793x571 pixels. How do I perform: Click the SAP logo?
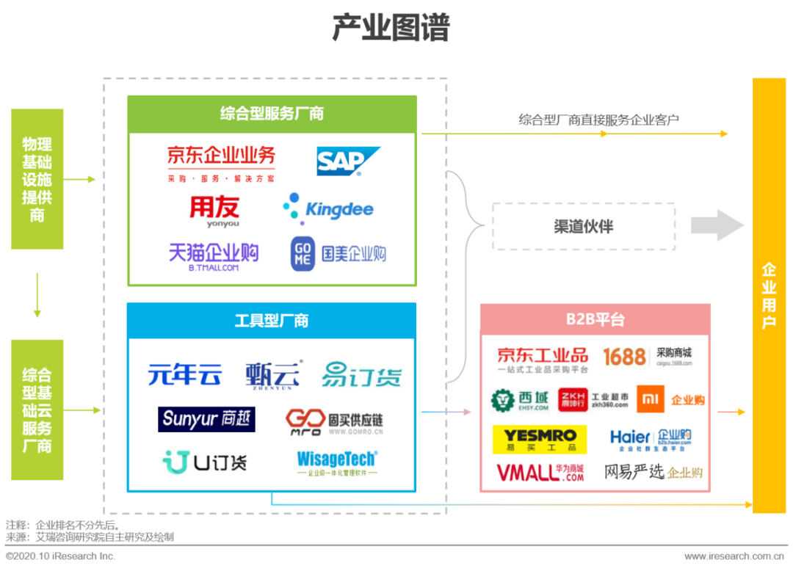coord(348,161)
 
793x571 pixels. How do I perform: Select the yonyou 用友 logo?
coord(214,211)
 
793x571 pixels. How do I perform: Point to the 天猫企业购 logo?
coord(214,255)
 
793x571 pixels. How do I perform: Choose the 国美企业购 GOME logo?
coord(338,254)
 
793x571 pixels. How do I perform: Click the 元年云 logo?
coord(184,375)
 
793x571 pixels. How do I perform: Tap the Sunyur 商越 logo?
coord(206,419)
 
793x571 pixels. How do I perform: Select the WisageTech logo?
coord(337,462)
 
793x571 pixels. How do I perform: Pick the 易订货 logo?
coord(361,376)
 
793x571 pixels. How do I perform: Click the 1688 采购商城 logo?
coord(647,357)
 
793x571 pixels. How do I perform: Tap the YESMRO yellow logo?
coord(540,439)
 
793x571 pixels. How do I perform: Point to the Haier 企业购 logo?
coord(651,439)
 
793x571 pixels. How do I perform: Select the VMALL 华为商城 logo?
coord(540,471)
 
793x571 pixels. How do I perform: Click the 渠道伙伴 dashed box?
coord(583,226)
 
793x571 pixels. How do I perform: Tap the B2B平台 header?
coord(595,319)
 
